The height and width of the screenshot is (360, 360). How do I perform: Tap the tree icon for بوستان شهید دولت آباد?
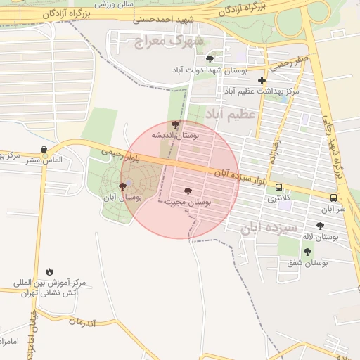[x=210, y=60]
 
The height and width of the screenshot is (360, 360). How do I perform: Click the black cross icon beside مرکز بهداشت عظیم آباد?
[x=262, y=81]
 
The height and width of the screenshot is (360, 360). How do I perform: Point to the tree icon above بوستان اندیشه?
[x=176, y=124]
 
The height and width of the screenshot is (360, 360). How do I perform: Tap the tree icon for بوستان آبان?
[x=123, y=186]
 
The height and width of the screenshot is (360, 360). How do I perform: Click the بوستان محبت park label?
[x=188, y=202]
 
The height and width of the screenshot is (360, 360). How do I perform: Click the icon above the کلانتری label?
[x=279, y=188]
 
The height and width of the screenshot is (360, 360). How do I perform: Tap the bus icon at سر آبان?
[x=334, y=198]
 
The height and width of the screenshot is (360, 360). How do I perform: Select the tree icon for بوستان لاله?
[x=321, y=226]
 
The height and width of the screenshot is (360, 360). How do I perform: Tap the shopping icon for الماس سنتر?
[x=44, y=150]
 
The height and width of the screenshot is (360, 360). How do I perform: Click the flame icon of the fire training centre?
[x=49, y=271]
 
